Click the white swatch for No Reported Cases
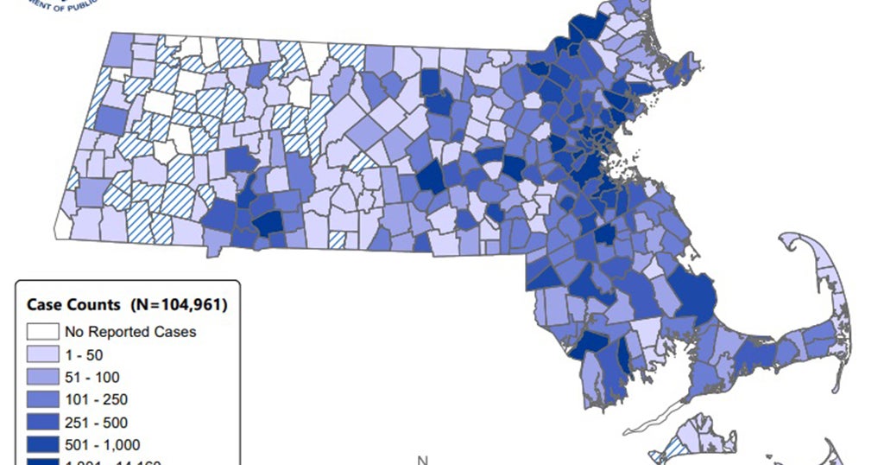tap(42, 331)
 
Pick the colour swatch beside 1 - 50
tap(42, 354)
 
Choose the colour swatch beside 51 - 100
tap(42, 377)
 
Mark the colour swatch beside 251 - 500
tap(42, 422)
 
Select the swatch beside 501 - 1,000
tap(42, 444)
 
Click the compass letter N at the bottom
tap(422, 460)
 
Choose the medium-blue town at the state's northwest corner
tap(121, 48)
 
